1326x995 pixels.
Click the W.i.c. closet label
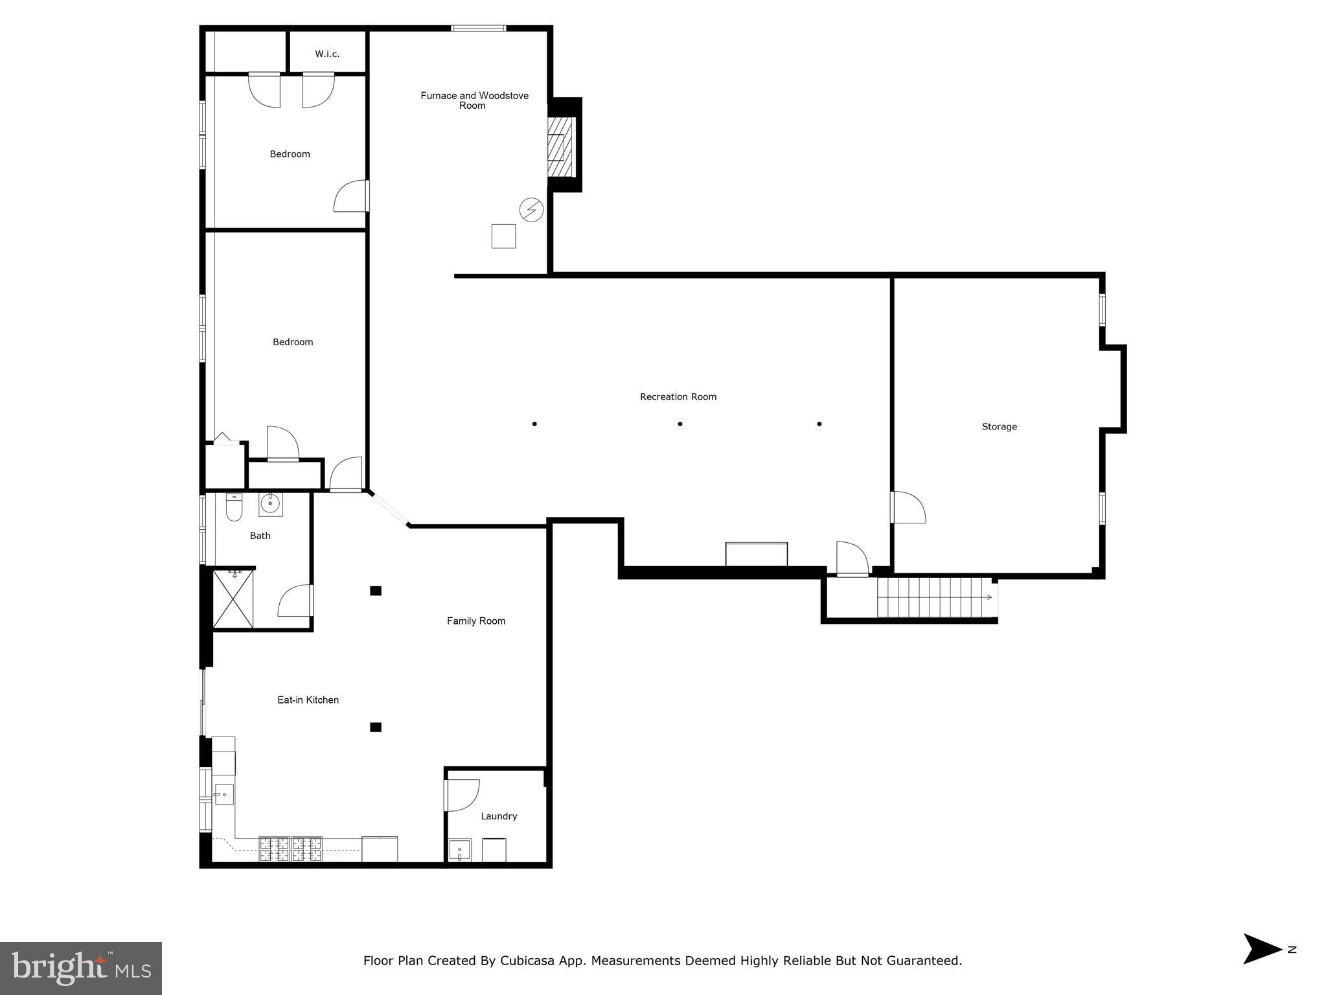pyautogui.click(x=327, y=54)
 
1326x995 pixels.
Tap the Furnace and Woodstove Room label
pyautogui.click(x=474, y=100)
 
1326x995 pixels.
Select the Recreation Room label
pyautogui.click(x=678, y=396)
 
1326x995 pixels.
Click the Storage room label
pyautogui.click(x=999, y=426)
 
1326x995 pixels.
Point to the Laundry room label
pyautogui.click(x=499, y=816)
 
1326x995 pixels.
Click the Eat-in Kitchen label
pyautogui.click(x=308, y=700)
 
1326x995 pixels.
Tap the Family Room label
pyautogui.click(x=475, y=621)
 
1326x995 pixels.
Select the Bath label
pyautogui.click(x=260, y=535)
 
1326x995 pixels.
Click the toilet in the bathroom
pyautogui.click(x=234, y=507)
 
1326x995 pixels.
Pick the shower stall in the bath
pyautogui.click(x=233, y=599)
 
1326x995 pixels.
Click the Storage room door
pyautogui.click(x=909, y=507)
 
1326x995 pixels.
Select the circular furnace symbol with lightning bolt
pyautogui.click(x=531, y=210)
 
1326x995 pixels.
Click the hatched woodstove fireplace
pyautogui.click(x=560, y=147)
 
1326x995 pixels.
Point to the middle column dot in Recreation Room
pyautogui.click(x=680, y=424)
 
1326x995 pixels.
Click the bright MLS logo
pyautogui.click(x=80, y=968)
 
